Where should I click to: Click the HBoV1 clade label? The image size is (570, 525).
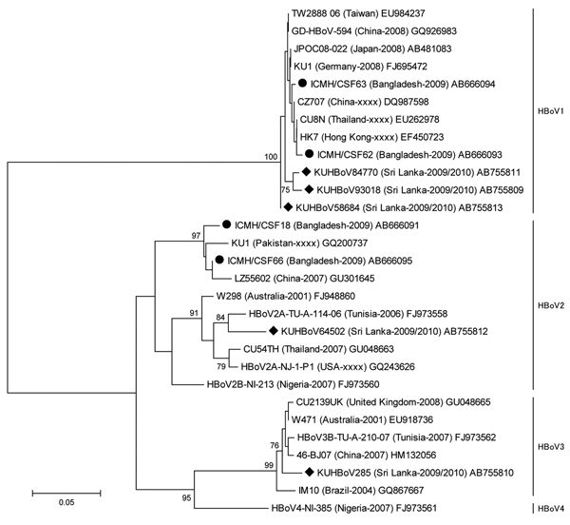tap(550, 111)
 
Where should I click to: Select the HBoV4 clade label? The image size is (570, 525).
tap(550, 508)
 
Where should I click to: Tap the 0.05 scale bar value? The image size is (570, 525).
tap(66, 502)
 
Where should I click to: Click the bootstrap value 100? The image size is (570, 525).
tap(271, 157)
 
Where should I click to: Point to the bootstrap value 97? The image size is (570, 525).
tap(196, 236)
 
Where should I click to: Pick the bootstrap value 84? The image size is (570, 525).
tap(220, 318)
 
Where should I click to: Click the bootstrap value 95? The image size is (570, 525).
tap(186, 497)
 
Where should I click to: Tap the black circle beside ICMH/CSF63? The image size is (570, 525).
tap(302, 84)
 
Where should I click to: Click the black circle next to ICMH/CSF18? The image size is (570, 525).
tap(226, 224)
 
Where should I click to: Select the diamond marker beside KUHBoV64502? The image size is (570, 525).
tap(274, 331)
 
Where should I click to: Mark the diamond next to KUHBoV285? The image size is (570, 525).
tap(310, 472)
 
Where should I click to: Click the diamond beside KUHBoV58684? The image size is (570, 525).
tap(288, 207)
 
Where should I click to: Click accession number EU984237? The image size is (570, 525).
tap(403, 13)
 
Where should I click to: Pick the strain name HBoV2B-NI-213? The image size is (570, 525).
tap(240, 384)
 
